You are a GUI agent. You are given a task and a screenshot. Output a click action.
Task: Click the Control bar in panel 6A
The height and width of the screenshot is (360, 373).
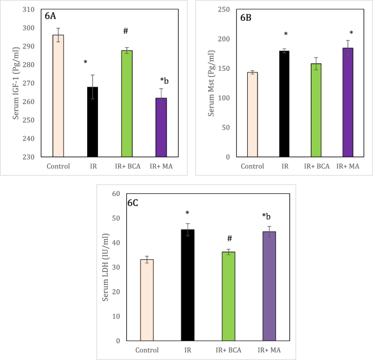coord(58,96)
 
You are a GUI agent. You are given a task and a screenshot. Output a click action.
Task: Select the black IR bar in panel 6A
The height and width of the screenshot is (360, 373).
coord(92,122)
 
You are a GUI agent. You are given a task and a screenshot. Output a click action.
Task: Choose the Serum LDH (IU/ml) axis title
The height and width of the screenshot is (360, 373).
coord(107,267)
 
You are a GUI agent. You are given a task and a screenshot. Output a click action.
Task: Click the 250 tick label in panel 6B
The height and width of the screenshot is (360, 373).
coord(223,10)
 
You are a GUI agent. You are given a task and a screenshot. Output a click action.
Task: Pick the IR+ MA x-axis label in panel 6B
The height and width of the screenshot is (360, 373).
coord(347,166)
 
